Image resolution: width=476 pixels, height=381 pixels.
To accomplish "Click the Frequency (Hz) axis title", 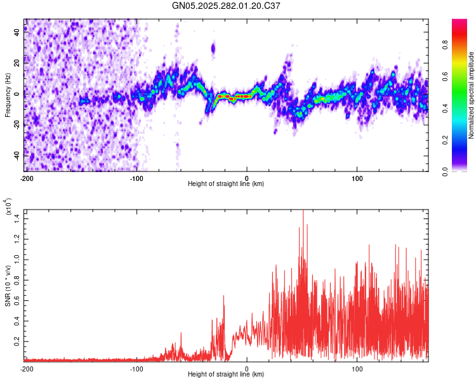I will click(8, 95).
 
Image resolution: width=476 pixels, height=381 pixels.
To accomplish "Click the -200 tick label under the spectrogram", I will click(26, 177).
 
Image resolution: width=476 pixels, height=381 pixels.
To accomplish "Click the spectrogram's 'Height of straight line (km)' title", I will click(226, 184).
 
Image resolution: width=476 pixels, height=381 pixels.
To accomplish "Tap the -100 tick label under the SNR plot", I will click(136, 368).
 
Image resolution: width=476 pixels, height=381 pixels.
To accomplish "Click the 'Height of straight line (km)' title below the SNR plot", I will click(226, 375).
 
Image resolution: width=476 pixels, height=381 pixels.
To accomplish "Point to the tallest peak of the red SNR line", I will click(303, 211).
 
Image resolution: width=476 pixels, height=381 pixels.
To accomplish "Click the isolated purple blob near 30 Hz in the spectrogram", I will click(213, 48).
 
